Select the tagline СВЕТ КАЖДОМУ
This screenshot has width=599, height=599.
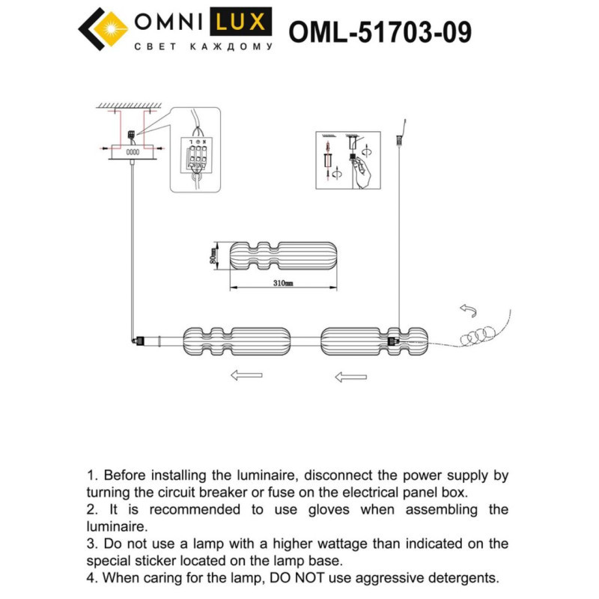tap(202, 46)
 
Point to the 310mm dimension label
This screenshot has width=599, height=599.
tap(282, 284)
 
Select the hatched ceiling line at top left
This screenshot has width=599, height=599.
tap(130, 106)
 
